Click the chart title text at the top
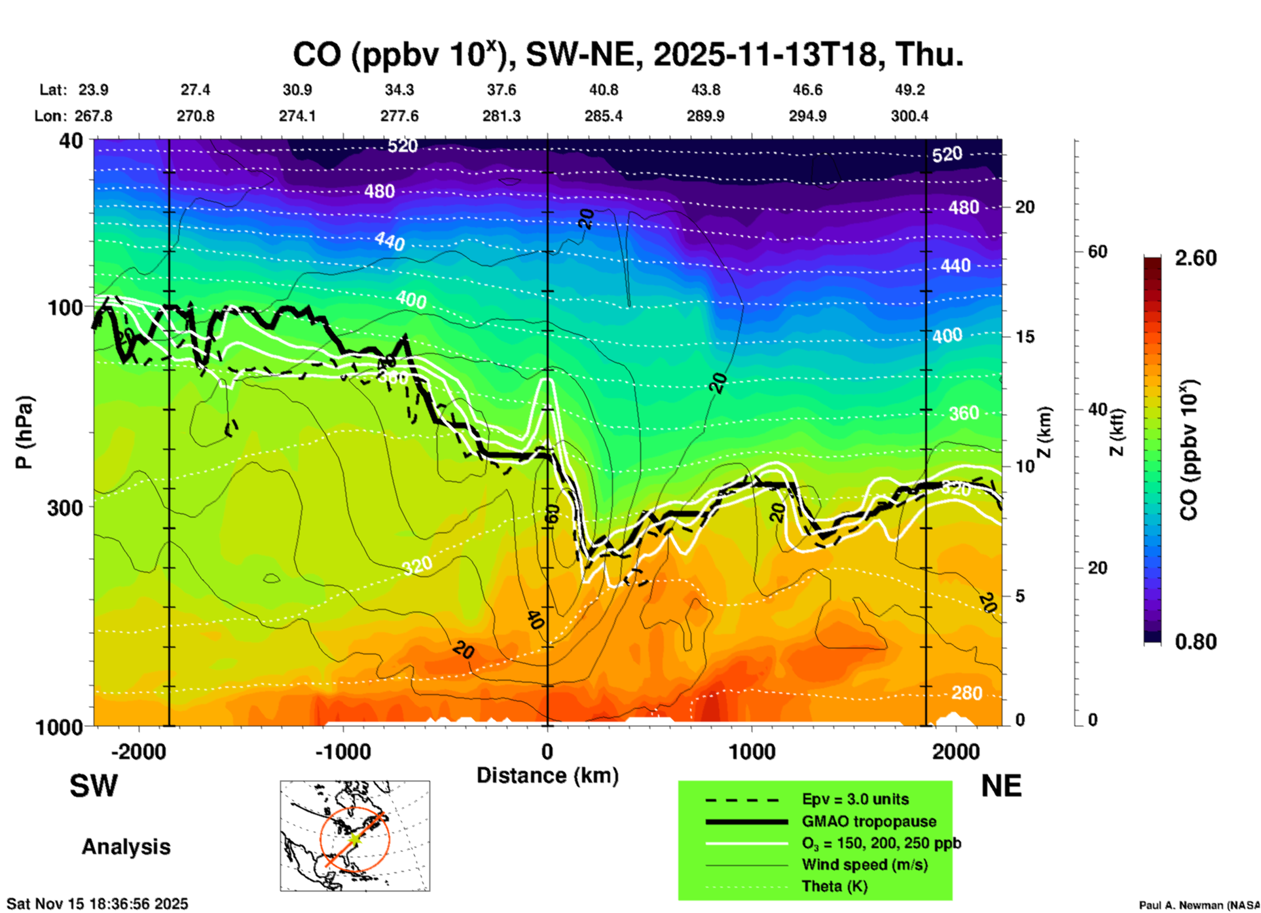click(x=627, y=55)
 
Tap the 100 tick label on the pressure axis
click(x=65, y=307)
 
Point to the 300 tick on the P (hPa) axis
click(x=65, y=508)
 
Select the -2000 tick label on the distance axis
click(x=139, y=751)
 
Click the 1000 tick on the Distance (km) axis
click(x=752, y=751)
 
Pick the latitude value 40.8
click(x=603, y=90)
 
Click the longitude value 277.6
click(x=399, y=116)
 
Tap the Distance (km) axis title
click(x=547, y=775)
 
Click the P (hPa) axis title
click(x=24, y=432)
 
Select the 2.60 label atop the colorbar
click(x=1196, y=258)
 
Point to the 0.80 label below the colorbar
click(x=1196, y=642)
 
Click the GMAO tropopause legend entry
click(x=869, y=821)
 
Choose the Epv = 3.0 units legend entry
click(x=855, y=799)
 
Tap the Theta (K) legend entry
click(x=834, y=886)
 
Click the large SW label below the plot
click(x=94, y=787)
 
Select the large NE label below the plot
click(x=1001, y=787)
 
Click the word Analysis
click(x=126, y=847)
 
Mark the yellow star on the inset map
click(x=354, y=838)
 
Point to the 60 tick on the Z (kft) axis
click(x=1097, y=252)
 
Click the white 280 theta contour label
click(x=966, y=693)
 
